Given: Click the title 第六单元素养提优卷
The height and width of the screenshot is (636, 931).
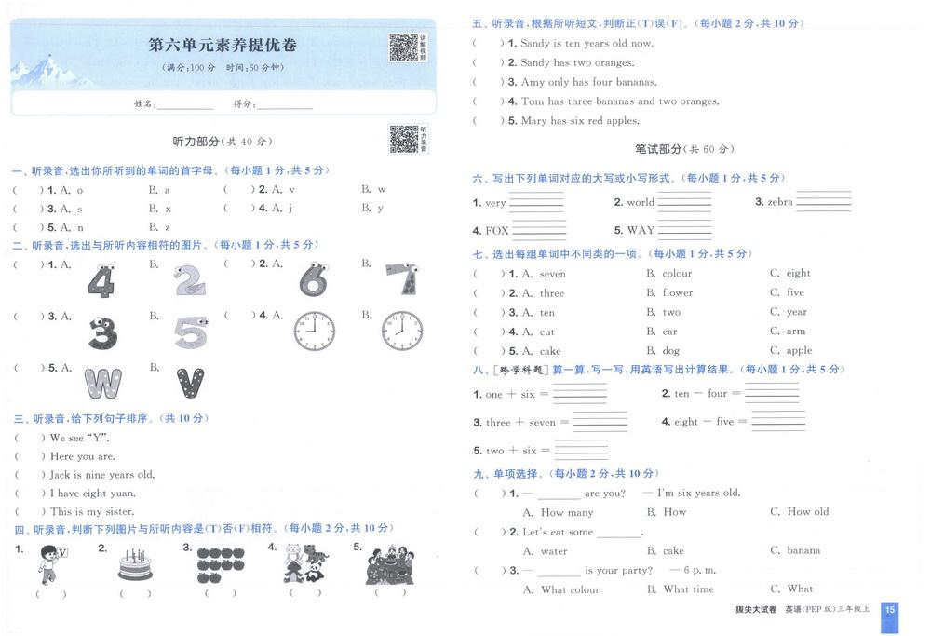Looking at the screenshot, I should point(223,45).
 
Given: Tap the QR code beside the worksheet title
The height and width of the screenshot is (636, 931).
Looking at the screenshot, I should point(403,47).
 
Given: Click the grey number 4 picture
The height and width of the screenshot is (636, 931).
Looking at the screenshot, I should point(101,280).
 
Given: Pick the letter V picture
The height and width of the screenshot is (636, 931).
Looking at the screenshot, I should point(190,383).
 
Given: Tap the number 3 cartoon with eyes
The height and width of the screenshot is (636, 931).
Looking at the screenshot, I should point(102,332).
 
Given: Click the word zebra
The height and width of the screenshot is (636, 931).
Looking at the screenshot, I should point(780,202).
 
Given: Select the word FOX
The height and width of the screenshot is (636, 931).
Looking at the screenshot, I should point(497,230).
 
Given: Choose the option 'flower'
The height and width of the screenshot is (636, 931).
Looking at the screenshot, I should point(678,292).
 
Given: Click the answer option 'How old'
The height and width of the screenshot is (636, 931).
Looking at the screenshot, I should point(807,512).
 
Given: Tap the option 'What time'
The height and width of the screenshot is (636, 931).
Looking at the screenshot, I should point(688,589).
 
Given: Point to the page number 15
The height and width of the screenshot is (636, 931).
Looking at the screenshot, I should point(890,610).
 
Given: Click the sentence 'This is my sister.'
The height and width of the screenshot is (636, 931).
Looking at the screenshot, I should point(92,512).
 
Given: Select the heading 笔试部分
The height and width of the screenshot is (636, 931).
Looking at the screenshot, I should point(657,148).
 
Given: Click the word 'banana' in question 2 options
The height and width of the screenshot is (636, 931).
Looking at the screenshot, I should point(803,550).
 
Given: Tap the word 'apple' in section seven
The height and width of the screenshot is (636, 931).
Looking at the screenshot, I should point(799,351).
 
